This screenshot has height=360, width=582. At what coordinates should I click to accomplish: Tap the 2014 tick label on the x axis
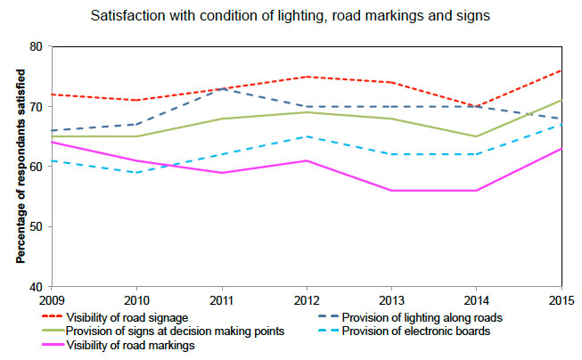(x=477, y=299)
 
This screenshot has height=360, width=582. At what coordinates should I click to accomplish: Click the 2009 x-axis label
(x=53, y=299)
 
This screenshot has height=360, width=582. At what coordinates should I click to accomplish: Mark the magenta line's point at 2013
(x=392, y=191)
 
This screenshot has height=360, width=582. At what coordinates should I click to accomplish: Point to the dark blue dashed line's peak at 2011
(x=222, y=88)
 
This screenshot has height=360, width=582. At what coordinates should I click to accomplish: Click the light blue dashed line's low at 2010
(x=137, y=172)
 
